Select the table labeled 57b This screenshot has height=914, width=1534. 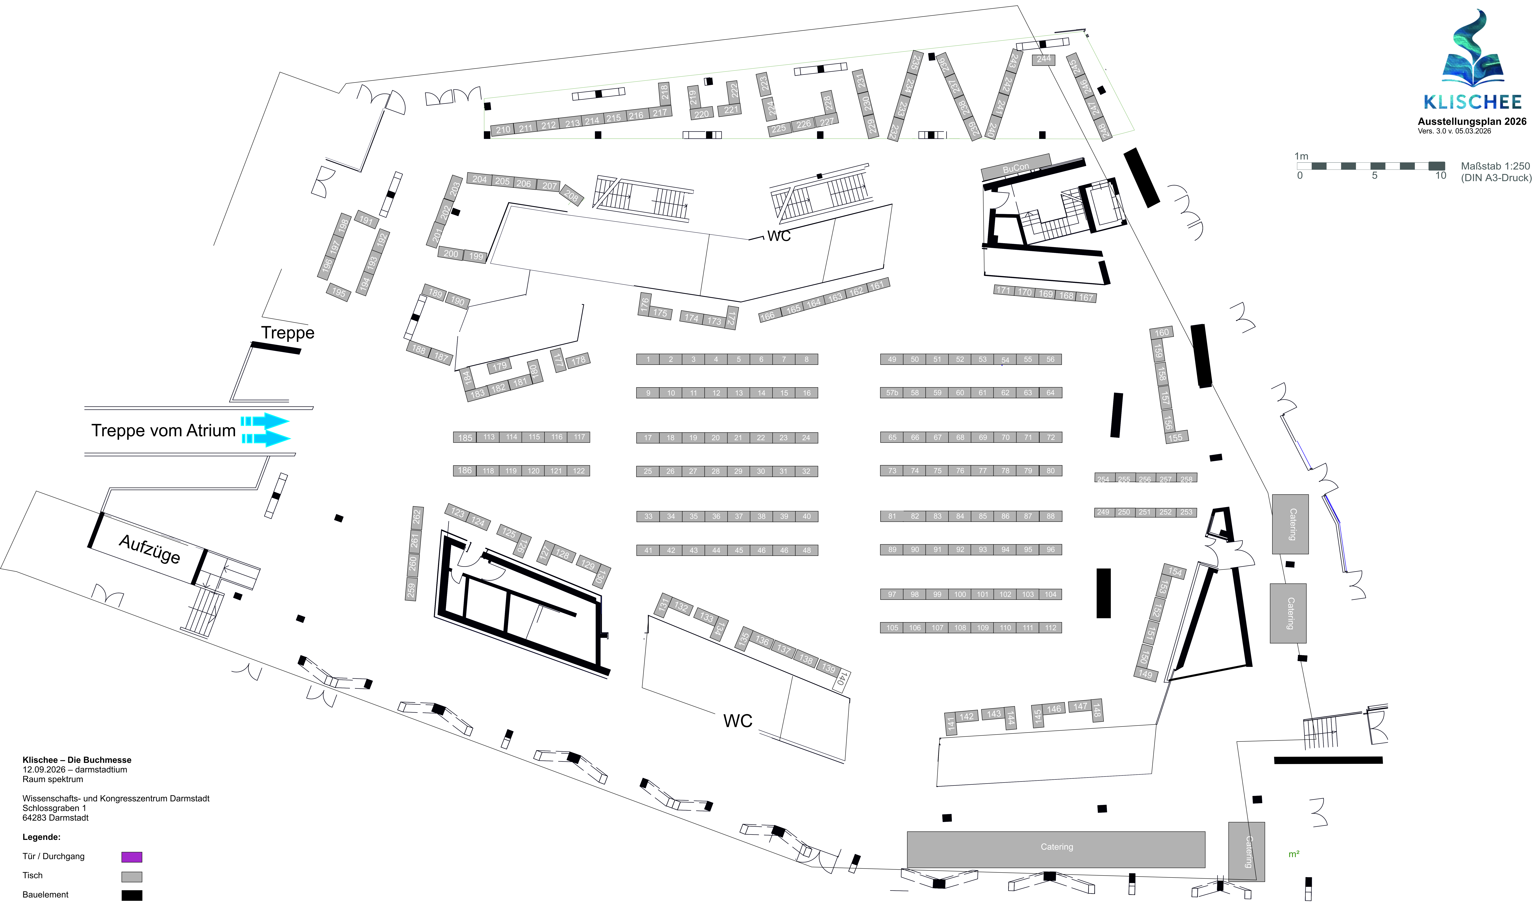point(892,393)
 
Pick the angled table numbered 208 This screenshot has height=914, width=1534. point(572,196)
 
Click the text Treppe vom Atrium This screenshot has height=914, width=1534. point(163,430)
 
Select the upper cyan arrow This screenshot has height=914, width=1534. point(265,421)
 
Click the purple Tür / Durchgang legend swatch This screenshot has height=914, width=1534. point(132,857)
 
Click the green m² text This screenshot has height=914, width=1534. point(1294,854)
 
